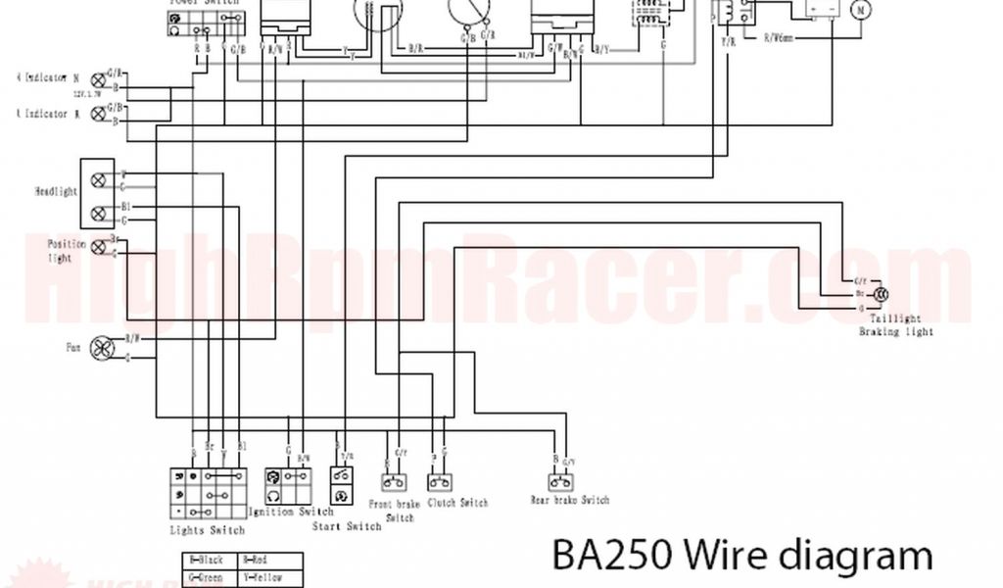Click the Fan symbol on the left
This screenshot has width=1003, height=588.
click(x=102, y=349)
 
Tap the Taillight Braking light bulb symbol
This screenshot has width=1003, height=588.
click(x=881, y=294)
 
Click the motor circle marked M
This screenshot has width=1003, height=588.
click(x=861, y=11)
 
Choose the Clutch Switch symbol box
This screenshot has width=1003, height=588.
click(x=440, y=482)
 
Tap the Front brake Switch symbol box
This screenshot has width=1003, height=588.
click(x=394, y=482)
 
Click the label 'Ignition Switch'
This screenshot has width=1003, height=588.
click(x=291, y=512)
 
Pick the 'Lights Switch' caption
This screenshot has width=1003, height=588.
click(x=207, y=530)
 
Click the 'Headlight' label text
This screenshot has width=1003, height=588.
click(x=56, y=192)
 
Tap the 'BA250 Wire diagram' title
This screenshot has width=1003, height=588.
click(x=741, y=556)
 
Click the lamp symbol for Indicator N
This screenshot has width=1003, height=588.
click(x=98, y=79)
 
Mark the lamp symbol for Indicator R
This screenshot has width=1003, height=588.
click(x=98, y=114)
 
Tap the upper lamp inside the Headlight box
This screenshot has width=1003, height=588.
click(x=98, y=180)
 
